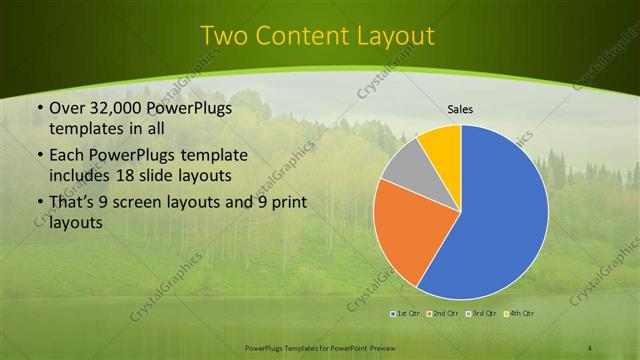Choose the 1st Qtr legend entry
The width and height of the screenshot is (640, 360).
tap(406, 314)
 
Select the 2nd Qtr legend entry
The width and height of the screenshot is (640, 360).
tap(445, 314)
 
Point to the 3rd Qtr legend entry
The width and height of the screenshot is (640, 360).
tap(484, 314)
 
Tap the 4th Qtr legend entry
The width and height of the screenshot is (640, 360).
tap(522, 314)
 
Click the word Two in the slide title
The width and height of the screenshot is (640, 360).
tap(225, 36)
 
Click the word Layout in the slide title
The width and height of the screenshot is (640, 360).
tap(394, 36)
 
